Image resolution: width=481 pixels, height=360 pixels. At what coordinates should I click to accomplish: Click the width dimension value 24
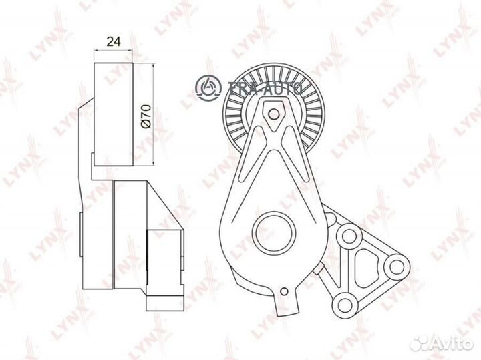pyautogui.click(x=114, y=41)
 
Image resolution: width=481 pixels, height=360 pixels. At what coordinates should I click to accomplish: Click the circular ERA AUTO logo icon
pyautogui.click(x=208, y=86)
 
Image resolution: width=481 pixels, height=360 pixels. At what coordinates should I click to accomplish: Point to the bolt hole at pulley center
pyautogui.click(x=273, y=114)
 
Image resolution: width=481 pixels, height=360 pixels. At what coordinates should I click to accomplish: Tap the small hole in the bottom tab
pyautogui.click(x=285, y=291)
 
